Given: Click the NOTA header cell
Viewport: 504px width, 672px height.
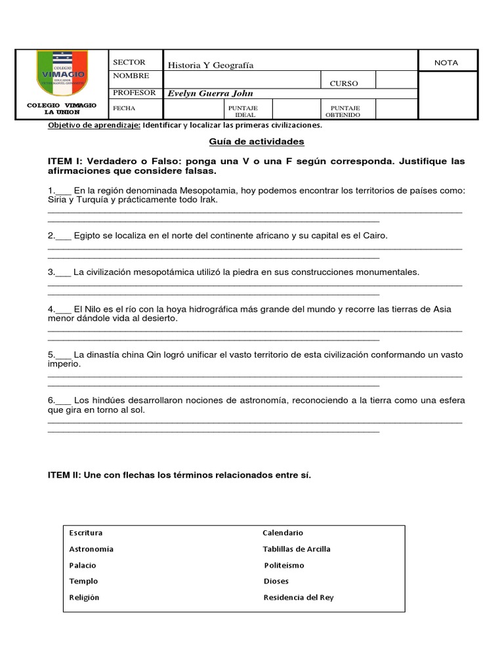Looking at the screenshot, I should click(x=446, y=63).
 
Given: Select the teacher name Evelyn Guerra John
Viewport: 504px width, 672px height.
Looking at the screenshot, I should click(x=210, y=94).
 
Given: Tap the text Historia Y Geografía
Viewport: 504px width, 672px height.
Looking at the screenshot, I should click(x=211, y=65).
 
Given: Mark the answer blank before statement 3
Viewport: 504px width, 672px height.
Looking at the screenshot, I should click(x=64, y=272).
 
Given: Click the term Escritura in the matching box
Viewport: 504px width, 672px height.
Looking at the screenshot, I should click(x=85, y=533).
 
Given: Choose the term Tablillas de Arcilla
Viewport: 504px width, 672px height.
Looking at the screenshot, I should click(x=297, y=549).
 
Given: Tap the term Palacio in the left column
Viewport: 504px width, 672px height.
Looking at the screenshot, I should click(x=83, y=565).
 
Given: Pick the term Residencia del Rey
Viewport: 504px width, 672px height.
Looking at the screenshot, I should click(x=299, y=597).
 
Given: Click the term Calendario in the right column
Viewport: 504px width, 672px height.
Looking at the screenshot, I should click(x=283, y=533).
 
